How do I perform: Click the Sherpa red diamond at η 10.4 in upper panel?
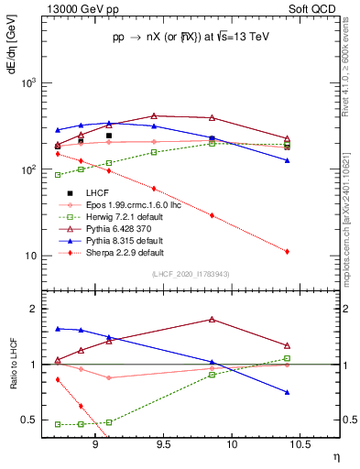[x=288, y=251]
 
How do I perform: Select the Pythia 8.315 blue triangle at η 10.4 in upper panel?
[x=288, y=160]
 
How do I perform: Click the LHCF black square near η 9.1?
[x=108, y=136]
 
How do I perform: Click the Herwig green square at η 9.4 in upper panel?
[x=154, y=152]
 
